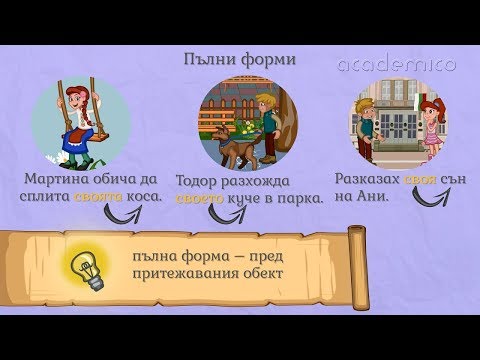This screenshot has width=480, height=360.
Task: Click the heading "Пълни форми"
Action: (240, 60)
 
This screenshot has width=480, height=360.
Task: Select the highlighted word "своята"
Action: (99, 198)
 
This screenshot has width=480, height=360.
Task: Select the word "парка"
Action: (301, 200)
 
